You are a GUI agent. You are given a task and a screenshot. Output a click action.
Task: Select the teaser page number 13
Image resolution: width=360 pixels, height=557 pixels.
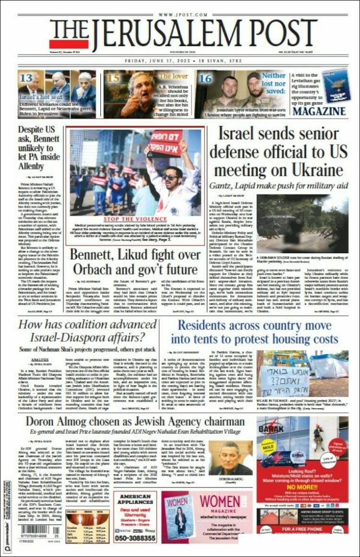tap(26, 78)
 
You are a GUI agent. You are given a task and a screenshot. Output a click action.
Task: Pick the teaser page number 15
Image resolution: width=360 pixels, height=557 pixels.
tap(113, 77)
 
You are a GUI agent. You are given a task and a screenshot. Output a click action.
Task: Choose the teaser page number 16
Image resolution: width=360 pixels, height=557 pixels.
tap(205, 78)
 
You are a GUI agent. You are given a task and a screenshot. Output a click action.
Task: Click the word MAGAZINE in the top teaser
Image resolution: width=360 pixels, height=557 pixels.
tap(319, 111)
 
